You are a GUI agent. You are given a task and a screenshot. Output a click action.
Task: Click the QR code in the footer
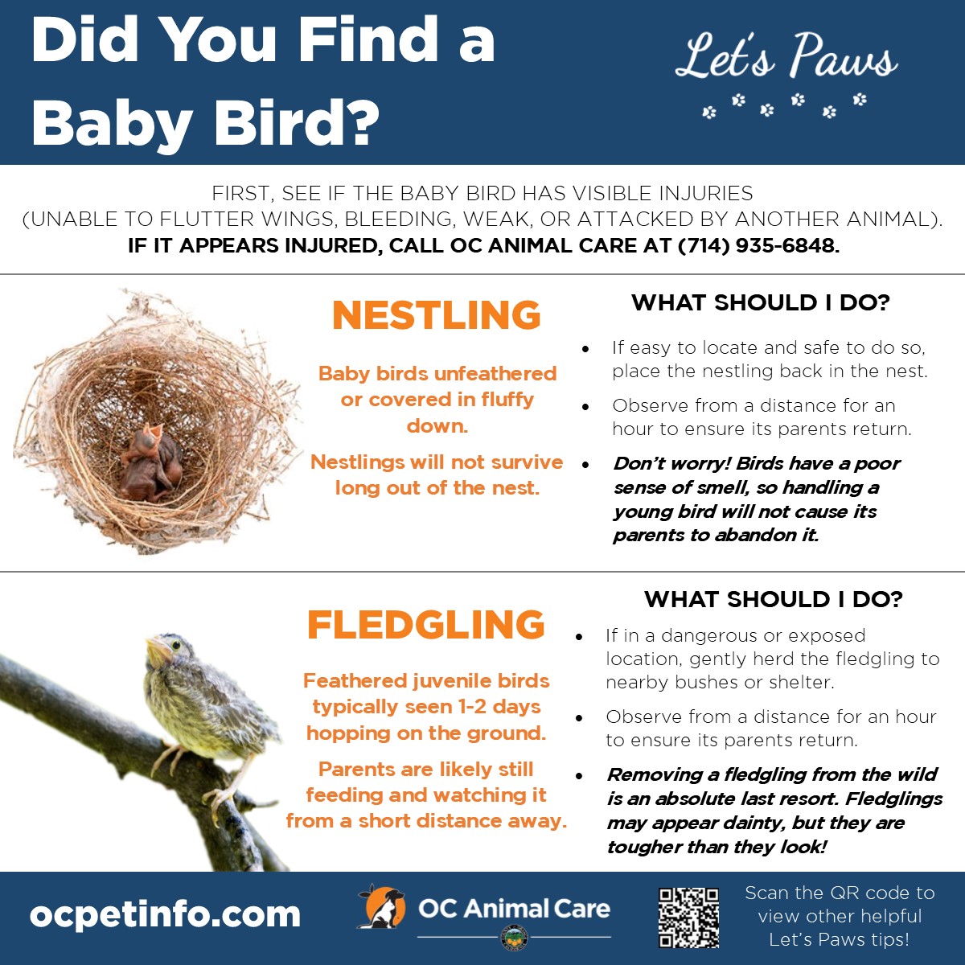point(688,918)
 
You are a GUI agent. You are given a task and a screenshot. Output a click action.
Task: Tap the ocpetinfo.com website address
point(166,915)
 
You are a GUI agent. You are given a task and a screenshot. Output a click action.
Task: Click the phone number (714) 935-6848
point(758,246)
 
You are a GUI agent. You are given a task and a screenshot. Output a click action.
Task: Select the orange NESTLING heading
point(437,315)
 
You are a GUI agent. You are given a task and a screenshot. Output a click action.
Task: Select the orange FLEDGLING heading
point(425,625)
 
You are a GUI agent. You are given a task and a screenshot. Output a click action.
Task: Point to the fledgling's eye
point(176,646)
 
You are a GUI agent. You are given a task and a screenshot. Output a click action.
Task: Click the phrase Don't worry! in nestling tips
point(672,464)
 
